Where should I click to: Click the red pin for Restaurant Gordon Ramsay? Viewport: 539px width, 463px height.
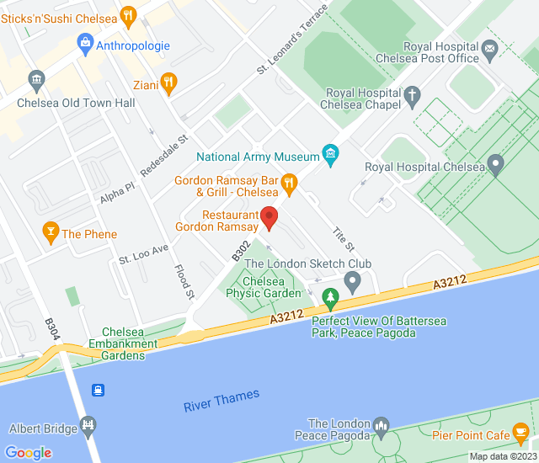click(x=269, y=217)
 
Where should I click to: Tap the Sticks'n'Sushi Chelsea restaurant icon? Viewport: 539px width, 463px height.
click(x=128, y=14)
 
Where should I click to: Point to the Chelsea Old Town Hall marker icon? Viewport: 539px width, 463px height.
click(x=36, y=81)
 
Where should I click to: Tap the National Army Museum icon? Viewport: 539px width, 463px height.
click(x=331, y=155)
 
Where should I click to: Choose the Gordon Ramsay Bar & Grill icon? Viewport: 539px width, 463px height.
click(x=289, y=182)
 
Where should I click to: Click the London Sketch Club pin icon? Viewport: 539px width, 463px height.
click(x=353, y=279)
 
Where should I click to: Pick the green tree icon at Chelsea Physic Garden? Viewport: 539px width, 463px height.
click(x=331, y=296)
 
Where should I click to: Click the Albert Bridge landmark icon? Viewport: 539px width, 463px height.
click(x=87, y=425)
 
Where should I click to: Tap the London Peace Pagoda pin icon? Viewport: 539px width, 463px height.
click(x=381, y=425)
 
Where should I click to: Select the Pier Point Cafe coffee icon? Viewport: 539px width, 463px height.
click(x=521, y=434)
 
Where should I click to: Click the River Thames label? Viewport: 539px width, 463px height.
click(x=221, y=401)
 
